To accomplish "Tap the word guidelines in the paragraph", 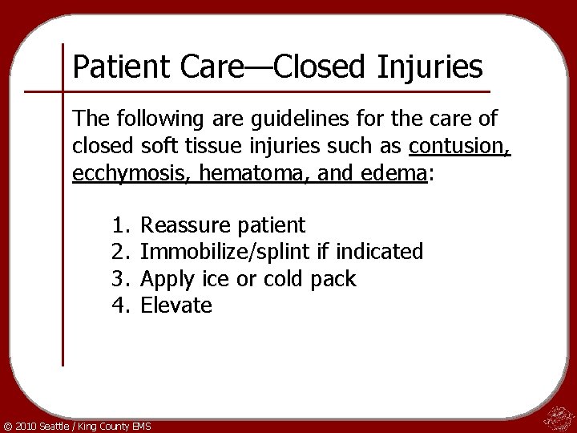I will [x=248, y=121].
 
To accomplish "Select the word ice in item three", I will [x=222, y=278].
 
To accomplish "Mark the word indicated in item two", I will [x=380, y=252].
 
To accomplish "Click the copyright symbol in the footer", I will [x=8, y=423].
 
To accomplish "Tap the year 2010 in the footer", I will [x=26, y=423].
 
